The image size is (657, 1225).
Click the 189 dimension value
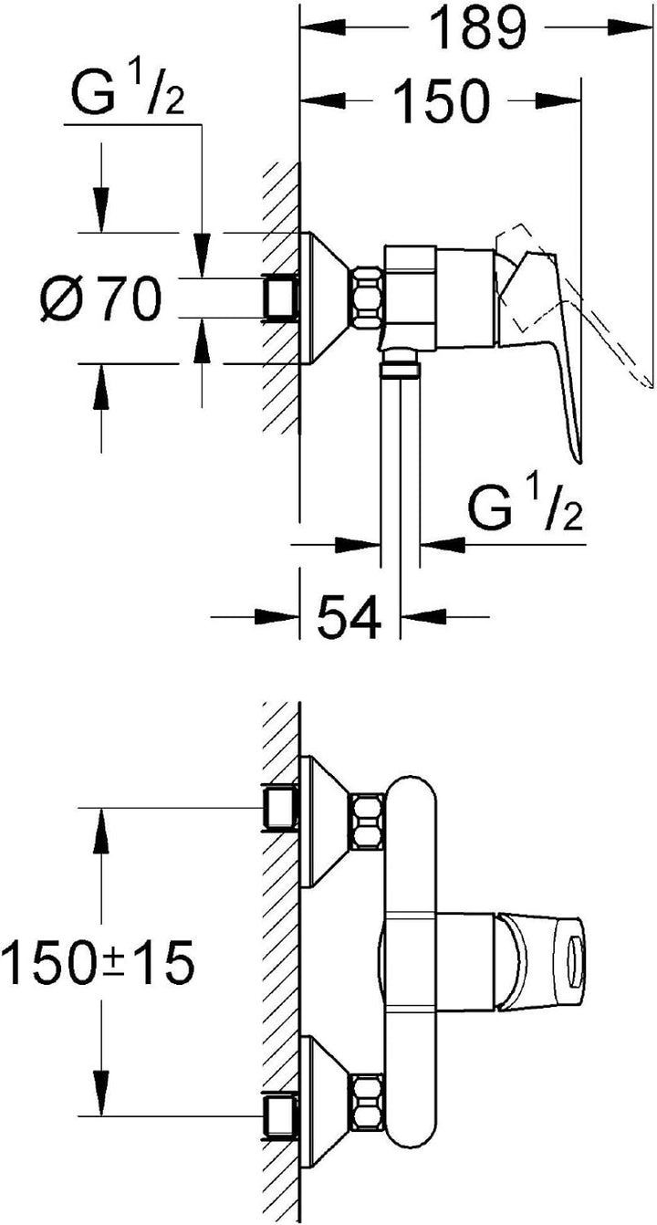coord(476,28)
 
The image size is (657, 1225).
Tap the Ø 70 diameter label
coord(101,298)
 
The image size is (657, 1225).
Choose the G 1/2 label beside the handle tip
coord(526,509)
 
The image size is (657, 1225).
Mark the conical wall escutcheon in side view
coord(326,298)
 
